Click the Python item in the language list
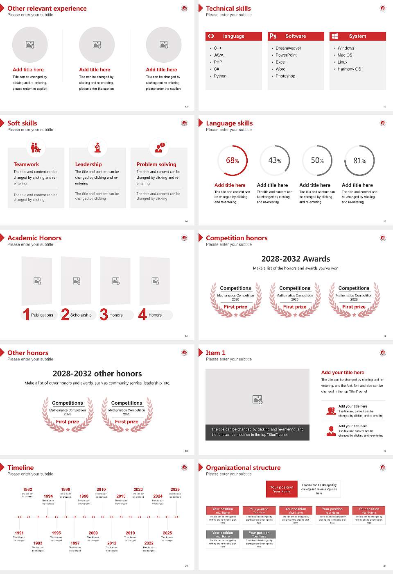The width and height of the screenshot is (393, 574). (220, 76)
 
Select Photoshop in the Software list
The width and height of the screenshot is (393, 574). (285, 76)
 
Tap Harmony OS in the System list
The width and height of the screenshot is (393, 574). (349, 69)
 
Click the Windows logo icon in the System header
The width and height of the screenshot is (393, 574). (334, 36)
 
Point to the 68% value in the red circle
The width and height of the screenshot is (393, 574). (232, 161)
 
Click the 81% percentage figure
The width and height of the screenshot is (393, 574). (359, 161)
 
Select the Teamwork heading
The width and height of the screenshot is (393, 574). (26, 164)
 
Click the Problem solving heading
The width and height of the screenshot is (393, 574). (156, 164)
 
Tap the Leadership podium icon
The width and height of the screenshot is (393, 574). (97, 147)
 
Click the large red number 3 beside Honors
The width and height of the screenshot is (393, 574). (104, 314)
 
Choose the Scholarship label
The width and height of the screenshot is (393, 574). (81, 315)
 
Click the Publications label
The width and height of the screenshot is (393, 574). (42, 315)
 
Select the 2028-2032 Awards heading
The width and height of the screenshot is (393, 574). (296, 259)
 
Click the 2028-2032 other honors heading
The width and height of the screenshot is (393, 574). (97, 374)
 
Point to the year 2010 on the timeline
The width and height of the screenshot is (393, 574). (101, 490)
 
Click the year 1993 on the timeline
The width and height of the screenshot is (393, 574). (38, 543)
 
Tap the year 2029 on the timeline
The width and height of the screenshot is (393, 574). (175, 490)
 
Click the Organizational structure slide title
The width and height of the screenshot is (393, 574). (243, 467)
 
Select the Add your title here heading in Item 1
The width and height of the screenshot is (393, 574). (343, 373)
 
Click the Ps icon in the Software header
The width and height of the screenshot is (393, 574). (273, 36)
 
